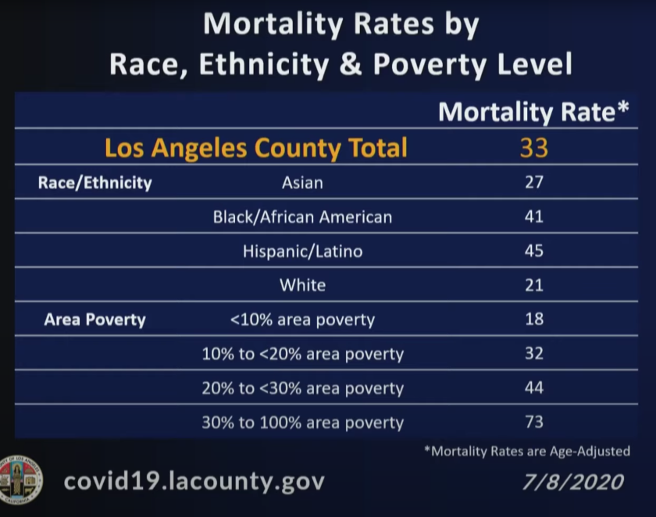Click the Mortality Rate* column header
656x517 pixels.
[533, 112]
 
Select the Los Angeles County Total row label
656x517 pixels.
[256, 148]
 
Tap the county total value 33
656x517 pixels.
[534, 148]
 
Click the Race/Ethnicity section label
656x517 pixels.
[94, 184]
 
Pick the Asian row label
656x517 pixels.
[302, 184]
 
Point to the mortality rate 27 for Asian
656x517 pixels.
[534, 184]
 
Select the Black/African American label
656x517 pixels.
[302, 217]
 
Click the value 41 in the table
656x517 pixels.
[534, 217]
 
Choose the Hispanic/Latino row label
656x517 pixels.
[302, 251]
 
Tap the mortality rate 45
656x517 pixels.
[534, 251]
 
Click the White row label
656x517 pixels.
[302, 286]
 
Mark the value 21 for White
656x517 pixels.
[534, 286]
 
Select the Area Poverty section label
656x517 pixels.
[94, 320]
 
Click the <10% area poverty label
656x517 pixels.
[302, 320]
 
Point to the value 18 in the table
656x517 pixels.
[534, 319]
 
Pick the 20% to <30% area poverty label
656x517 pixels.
[302, 389]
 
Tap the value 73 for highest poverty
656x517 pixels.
[534, 423]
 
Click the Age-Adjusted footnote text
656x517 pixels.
[526, 451]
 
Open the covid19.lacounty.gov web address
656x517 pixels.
[194, 480]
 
